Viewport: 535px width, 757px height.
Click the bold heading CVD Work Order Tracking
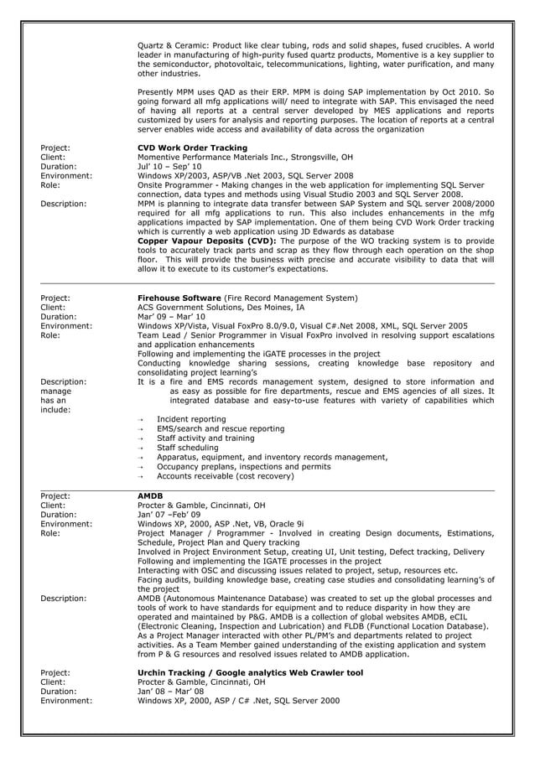tap(192, 148)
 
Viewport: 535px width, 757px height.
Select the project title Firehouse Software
tap(179, 298)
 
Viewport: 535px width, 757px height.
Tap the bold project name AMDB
tap(150, 496)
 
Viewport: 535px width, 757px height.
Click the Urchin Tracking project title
tap(250, 672)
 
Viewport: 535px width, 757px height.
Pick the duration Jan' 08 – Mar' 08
tap(168, 691)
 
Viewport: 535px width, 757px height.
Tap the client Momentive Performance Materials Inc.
tap(245, 157)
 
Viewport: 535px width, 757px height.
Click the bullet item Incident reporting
tap(191, 419)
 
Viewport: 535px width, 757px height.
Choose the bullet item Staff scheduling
tap(188, 448)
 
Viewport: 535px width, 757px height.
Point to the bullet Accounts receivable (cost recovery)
tap(225, 476)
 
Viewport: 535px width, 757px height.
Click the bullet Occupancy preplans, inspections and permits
tap(243, 466)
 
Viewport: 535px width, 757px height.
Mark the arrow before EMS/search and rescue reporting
tap(142, 429)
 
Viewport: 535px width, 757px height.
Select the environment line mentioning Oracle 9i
tap(220, 524)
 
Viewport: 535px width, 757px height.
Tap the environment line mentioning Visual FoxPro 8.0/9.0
tap(302, 325)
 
